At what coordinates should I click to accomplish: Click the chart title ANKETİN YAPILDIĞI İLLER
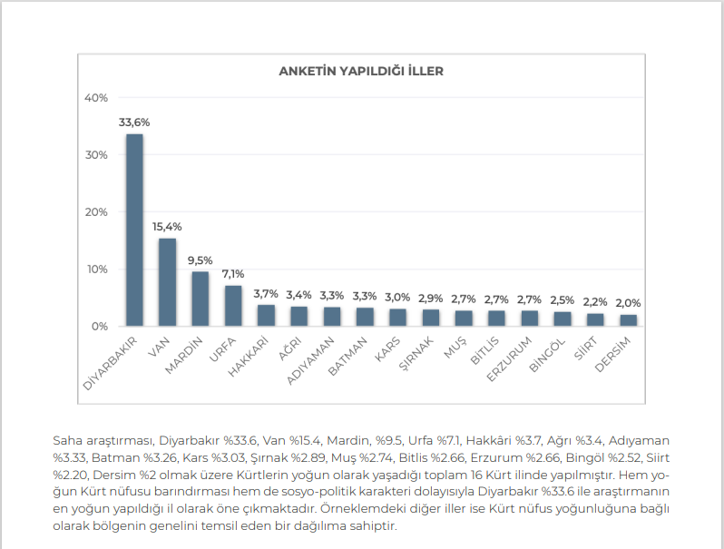(360, 71)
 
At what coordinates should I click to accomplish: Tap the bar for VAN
(167, 281)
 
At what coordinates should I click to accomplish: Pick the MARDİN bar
(201, 299)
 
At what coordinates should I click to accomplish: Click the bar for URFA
(233, 306)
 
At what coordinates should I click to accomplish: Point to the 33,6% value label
(134, 122)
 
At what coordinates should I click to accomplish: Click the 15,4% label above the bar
(167, 226)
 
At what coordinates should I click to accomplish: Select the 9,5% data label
(201, 260)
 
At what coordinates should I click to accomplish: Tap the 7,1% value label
(233, 273)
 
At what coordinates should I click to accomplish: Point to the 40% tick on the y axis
(95, 98)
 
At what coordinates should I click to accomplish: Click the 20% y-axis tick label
(95, 212)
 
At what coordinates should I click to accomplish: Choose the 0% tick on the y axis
(98, 326)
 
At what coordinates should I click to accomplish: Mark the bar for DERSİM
(628, 320)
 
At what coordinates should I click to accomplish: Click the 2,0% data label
(628, 303)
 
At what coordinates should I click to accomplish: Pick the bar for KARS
(397, 317)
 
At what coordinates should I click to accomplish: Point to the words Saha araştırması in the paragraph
(99, 439)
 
